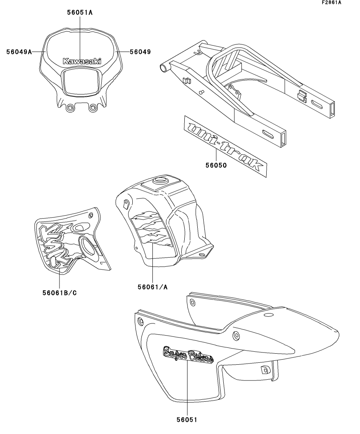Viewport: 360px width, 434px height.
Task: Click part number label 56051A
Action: (80, 13)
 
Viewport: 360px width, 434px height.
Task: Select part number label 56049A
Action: (19, 52)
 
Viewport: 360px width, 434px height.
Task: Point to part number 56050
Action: (216, 166)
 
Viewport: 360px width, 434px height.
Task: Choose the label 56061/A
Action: (153, 287)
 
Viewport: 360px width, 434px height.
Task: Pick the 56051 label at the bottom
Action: (187, 419)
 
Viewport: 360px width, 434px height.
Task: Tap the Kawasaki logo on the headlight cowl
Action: (82, 61)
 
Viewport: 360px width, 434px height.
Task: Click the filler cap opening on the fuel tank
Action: (161, 181)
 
